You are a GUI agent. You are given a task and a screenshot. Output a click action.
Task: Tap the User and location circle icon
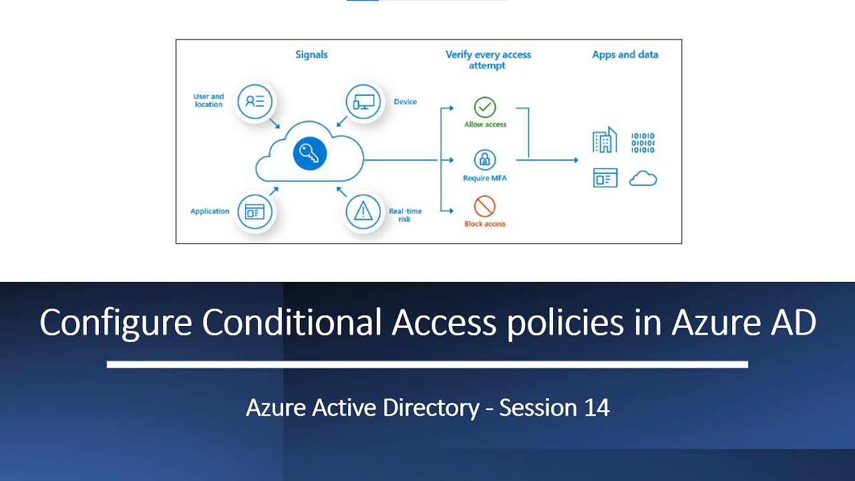pyautogui.click(x=255, y=102)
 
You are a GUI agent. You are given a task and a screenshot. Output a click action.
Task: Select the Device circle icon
pyautogui.click(x=363, y=102)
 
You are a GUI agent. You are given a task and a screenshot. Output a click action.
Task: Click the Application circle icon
pyautogui.click(x=254, y=212)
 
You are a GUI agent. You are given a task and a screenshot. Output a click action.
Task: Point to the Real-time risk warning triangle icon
pyautogui.click(x=363, y=212)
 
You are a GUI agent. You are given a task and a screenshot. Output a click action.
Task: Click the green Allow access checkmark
pyautogui.click(x=485, y=107)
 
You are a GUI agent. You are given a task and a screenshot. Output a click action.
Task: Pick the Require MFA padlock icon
pyautogui.click(x=485, y=160)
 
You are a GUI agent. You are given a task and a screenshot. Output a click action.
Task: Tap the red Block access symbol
pyautogui.click(x=485, y=206)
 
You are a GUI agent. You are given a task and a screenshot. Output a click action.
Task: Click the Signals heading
pyautogui.click(x=311, y=55)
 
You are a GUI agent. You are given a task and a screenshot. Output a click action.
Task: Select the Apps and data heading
pyautogui.click(x=625, y=55)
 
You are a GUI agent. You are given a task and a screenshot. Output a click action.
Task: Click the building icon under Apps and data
pyautogui.click(x=605, y=141)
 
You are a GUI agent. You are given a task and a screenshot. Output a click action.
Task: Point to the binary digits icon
pyautogui.click(x=643, y=142)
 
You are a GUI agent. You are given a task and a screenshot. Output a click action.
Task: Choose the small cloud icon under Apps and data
pyautogui.click(x=643, y=178)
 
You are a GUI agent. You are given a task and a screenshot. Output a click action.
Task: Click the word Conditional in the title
pyautogui.click(x=291, y=323)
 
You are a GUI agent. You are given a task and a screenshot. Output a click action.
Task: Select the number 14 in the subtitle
pyautogui.click(x=596, y=408)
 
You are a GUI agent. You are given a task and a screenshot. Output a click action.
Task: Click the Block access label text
pyautogui.click(x=485, y=224)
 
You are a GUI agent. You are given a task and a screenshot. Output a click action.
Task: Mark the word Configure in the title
pyautogui.click(x=116, y=323)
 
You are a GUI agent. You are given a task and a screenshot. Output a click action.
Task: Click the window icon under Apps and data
pyautogui.click(x=605, y=178)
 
